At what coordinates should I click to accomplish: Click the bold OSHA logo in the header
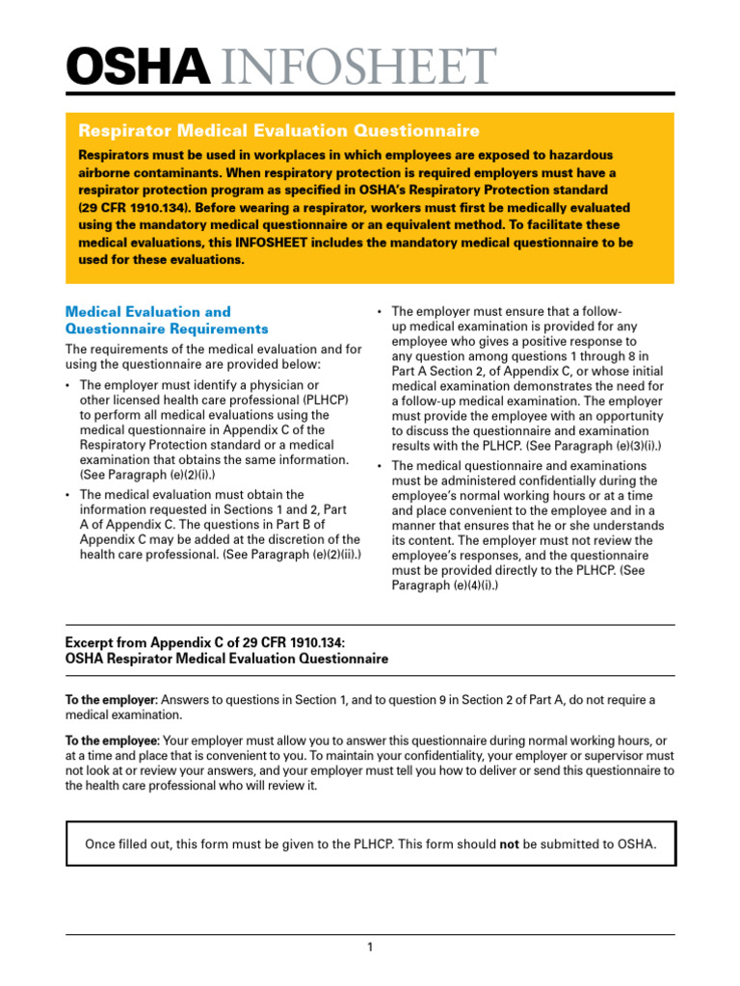click(x=136, y=66)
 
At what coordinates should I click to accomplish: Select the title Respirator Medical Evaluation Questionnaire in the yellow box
click(x=278, y=130)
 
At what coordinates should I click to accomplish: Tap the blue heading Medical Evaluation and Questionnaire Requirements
click(x=166, y=321)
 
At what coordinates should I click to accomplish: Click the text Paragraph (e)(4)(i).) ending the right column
click(x=445, y=585)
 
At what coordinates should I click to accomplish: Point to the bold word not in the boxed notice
click(x=509, y=844)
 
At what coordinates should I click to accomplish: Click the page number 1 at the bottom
click(x=369, y=947)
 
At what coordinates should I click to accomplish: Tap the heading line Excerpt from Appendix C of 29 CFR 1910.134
click(x=203, y=643)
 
